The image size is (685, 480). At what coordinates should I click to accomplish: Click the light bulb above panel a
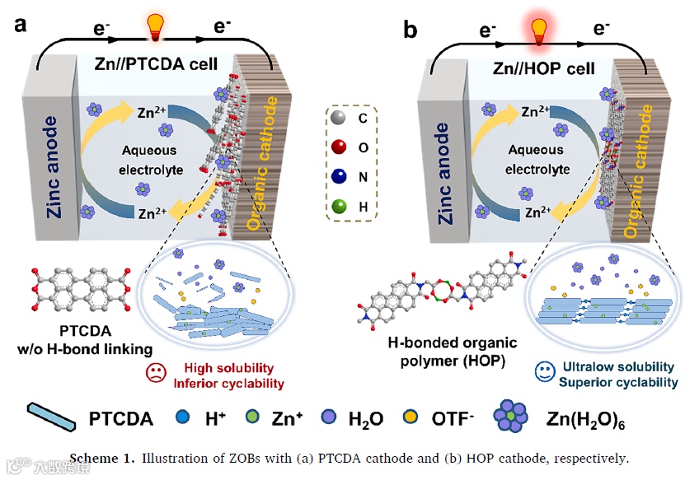pyautogui.click(x=155, y=26)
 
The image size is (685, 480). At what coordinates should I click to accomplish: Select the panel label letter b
pyautogui.click(x=410, y=30)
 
